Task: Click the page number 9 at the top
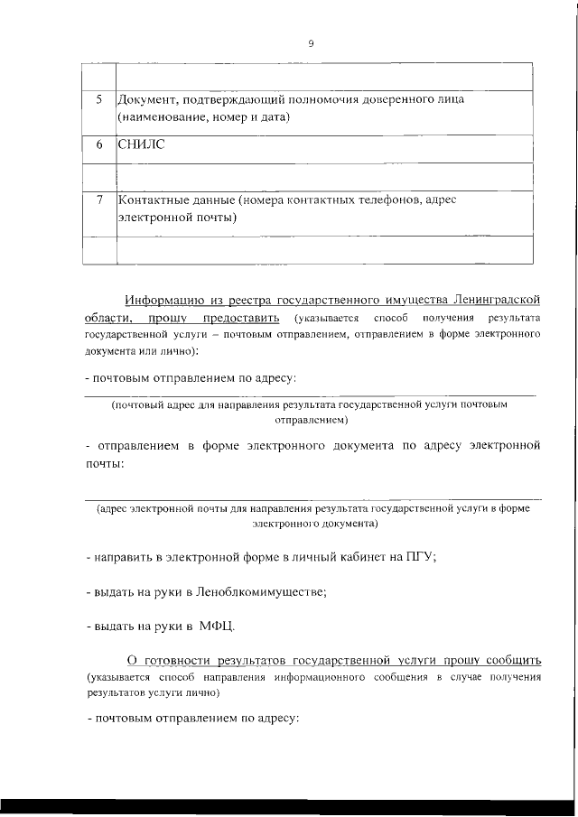pyautogui.click(x=311, y=43)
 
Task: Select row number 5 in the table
pyautogui.click(x=99, y=99)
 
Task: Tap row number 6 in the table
pyautogui.click(x=99, y=144)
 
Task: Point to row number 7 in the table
pyautogui.click(x=99, y=200)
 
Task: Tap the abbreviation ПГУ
pyautogui.click(x=420, y=558)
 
